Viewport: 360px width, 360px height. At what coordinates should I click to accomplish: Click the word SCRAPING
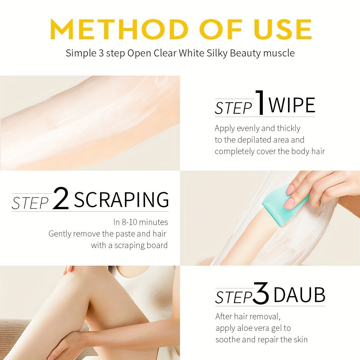click(x=121, y=199)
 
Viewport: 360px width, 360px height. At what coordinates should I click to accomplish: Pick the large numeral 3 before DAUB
click(x=261, y=294)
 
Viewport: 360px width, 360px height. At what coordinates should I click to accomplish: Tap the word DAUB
click(x=299, y=296)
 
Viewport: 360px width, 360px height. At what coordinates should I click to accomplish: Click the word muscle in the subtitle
click(x=279, y=54)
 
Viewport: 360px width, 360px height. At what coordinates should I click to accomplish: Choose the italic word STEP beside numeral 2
click(x=30, y=203)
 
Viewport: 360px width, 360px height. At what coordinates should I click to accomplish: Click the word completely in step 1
click(x=234, y=151)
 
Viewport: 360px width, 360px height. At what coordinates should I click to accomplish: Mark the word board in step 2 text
click(x=156, y=246)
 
